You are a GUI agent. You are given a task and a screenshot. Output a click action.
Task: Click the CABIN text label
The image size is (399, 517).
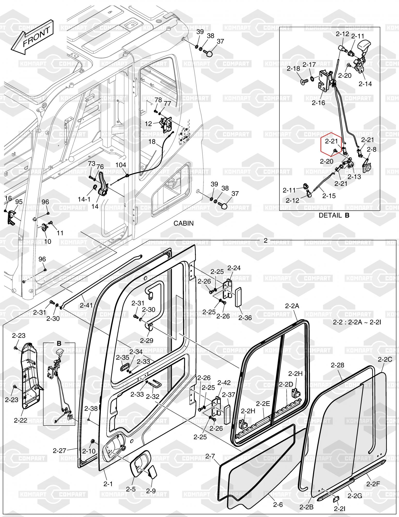[x=183, y=223]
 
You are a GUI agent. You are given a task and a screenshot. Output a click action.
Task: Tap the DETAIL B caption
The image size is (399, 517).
[x=334, y=215]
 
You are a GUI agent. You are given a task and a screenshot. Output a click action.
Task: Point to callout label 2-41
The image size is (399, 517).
[x=86, y=305]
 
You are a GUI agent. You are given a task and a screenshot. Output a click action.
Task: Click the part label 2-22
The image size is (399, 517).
[x=20, y=420]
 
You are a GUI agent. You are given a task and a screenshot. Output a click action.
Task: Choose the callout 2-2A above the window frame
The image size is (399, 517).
[x=292, y=306]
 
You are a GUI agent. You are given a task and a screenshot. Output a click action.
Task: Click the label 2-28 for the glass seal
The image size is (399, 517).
[x=338, y=365]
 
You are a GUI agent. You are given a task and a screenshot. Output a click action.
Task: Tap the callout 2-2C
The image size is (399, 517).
[x=385, y=359]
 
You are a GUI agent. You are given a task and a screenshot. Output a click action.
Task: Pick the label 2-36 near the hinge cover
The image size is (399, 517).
[x=245, y=317]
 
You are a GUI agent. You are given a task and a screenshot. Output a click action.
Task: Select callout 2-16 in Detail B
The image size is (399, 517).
[x=318, y=103]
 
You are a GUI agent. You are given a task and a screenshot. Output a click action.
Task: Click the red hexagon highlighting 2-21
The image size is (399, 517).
[x=331, y=145]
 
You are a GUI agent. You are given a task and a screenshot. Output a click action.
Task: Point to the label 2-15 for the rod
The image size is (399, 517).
[x=329, y=196]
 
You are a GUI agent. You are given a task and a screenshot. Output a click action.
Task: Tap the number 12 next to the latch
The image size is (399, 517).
[x=148, y=124]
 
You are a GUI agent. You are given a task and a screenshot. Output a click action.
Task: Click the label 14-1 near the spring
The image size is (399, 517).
[x=84, y=199]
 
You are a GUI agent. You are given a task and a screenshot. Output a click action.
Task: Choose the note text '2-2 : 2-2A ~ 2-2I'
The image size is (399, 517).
[x=357, y=322]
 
